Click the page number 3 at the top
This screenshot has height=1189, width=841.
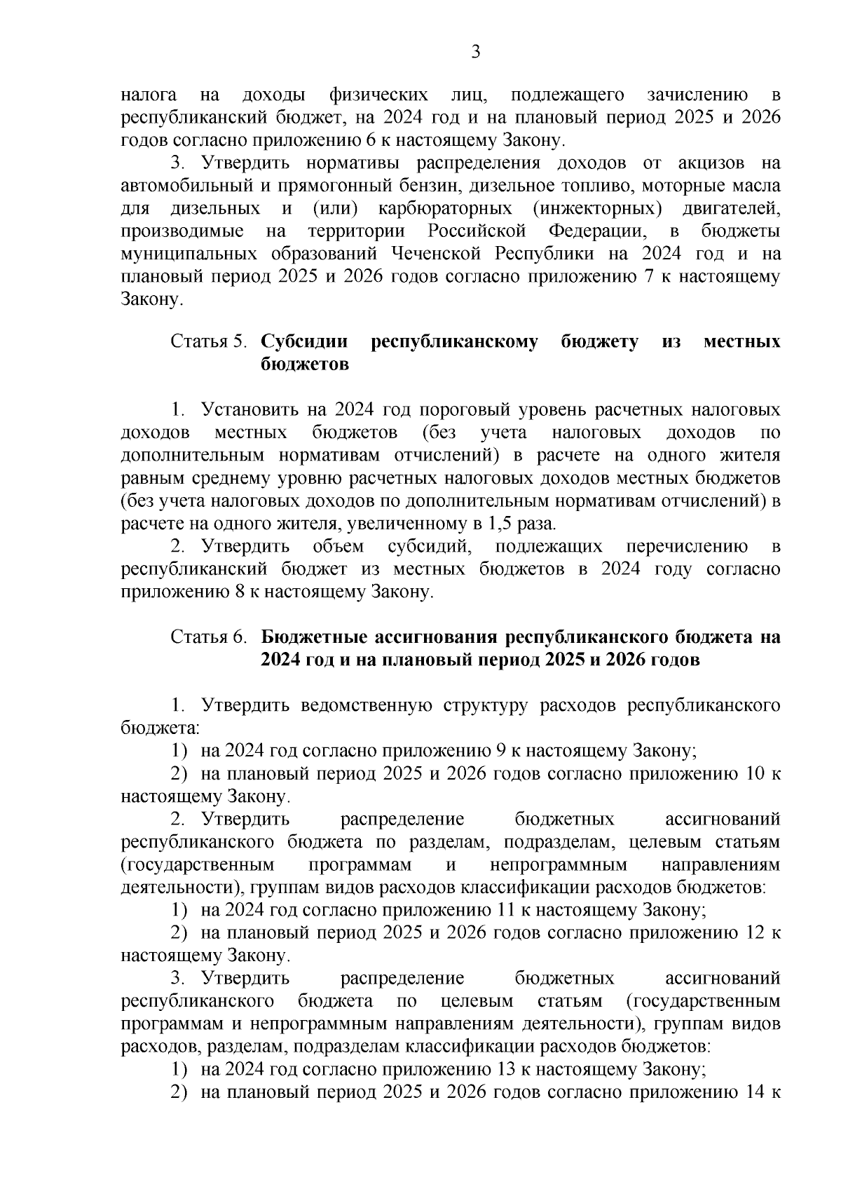pyautogui.click(x=475, y=52)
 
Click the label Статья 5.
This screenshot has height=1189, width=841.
pyautogui.click(x=210, y=342)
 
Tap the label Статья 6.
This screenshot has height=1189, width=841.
pyautogui.click(x=210, y=638)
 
